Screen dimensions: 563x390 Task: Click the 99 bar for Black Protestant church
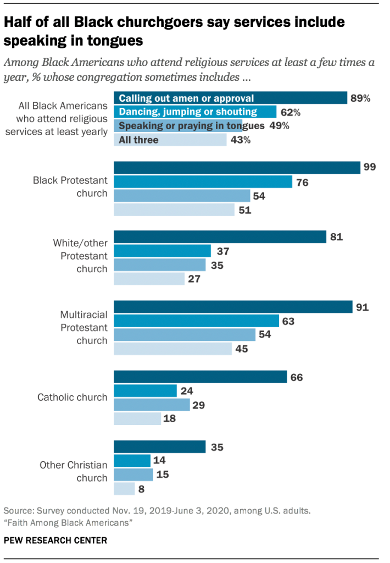click(237, 168)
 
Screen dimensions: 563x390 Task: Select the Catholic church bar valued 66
click(200, 377)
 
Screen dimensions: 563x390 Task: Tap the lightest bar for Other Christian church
click(124, 488)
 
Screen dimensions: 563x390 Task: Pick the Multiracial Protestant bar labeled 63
click(196, 321)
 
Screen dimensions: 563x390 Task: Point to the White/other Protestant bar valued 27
click(149, 279)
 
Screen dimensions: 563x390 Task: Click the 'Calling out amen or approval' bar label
click(186, 98)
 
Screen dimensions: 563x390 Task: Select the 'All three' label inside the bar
click(138, 140)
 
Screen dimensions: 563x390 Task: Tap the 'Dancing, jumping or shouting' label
click(188, 112)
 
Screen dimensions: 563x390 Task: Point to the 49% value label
click(278, 126)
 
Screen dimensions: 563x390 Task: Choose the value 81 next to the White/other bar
click(337, 238)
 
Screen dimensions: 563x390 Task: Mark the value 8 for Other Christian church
click(143, 488)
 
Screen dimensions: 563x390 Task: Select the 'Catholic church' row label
click(72, 397)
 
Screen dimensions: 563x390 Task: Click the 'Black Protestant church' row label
click(70, 187)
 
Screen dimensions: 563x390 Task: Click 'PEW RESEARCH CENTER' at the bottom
click(55, 540)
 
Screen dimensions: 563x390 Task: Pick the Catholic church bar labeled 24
click(145, 390)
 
